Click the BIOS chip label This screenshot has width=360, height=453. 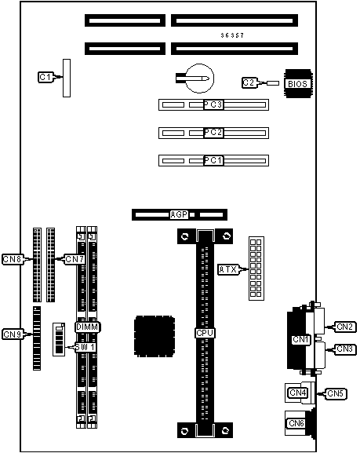click(297, 84)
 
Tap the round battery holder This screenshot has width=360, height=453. click(199, 79)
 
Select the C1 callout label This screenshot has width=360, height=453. click(45, 77)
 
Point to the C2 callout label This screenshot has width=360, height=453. click(249, 83)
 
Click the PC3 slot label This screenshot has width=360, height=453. click(213, 104)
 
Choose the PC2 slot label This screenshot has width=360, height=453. click(213, 133)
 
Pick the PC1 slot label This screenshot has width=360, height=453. click(213, 160)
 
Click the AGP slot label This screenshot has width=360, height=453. click(179, 214)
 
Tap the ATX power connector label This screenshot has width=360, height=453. click(228, 269)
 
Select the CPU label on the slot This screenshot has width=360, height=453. click(205, 333)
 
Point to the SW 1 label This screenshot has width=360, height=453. click(85, 347)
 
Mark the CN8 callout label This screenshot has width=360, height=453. click(13, 259)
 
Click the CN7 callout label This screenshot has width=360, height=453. click(75, 259)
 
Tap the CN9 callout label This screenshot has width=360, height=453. click(13, 334)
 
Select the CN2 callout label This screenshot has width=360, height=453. click(345, 327)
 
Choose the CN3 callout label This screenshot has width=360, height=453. click(345, 349)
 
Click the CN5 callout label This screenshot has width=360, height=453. click(336, 393)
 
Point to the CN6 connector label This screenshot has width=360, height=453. click(296, 423)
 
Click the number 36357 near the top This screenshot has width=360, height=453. click(232, 35)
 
